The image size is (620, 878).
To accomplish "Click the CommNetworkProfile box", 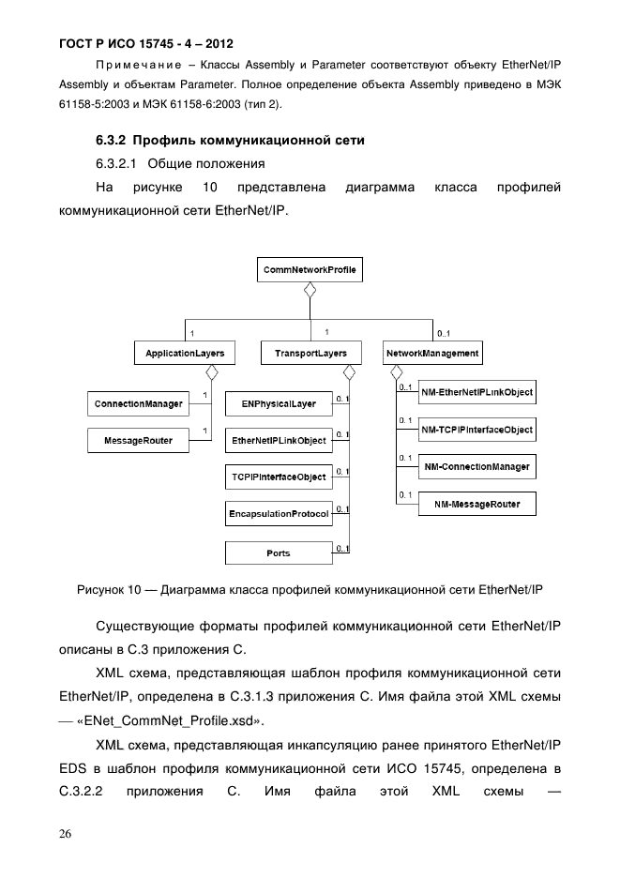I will pyautogui.click(x=310, y=270).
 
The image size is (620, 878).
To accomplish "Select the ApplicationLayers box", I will pyautogui.click(x=184, y=354).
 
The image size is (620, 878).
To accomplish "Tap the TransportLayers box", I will pyautogui.click(x=310, y=354).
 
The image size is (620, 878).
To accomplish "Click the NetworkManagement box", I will pyautogui.click(x=432, y=354).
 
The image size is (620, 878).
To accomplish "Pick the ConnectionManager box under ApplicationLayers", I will pyautogui.click(x=138, y=404).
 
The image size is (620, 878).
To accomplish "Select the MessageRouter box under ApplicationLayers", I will pyautogui.click(x=138, y=440).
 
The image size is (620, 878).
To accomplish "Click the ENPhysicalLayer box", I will pyautogui.click(x=279, y=404).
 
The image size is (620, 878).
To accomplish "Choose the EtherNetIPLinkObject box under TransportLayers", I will pyautogui.click(x=279, y=440).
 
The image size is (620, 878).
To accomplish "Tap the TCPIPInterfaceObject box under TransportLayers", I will pyautogui.click(x=279, y=477).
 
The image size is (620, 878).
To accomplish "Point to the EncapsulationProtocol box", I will pyautogui.click(x=279, y=514).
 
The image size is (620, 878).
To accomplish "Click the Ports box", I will pyautogui.click(x=279, y=553).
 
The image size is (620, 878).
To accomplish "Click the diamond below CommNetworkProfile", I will pyautogui.click(x=310, y=290).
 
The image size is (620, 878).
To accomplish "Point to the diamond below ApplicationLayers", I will pyautogui.click(x=211, y=373).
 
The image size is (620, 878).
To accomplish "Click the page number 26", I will pyautogui.click(x=65, y=833).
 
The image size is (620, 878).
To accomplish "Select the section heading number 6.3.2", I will pyautogui.click(x=113, y=141).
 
